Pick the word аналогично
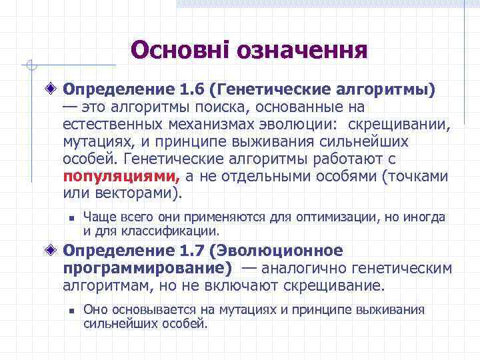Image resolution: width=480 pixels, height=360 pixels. (x=303, y=269)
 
